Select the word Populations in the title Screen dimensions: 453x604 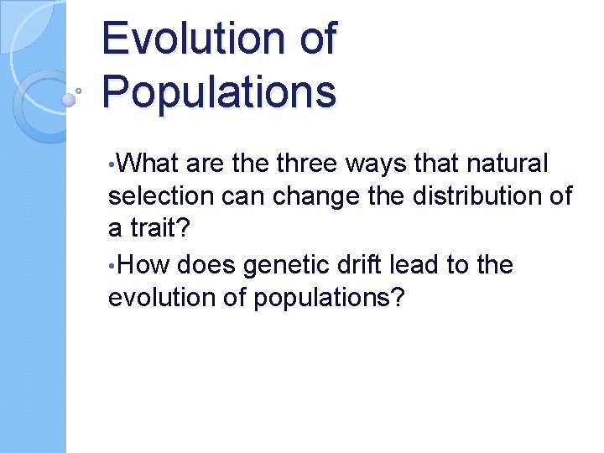(219, 92)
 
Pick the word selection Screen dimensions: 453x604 (159, 196)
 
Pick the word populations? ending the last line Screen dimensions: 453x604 (336, 298)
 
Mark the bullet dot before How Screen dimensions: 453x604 (112, 265)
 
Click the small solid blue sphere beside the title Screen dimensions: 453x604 (69, 99)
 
